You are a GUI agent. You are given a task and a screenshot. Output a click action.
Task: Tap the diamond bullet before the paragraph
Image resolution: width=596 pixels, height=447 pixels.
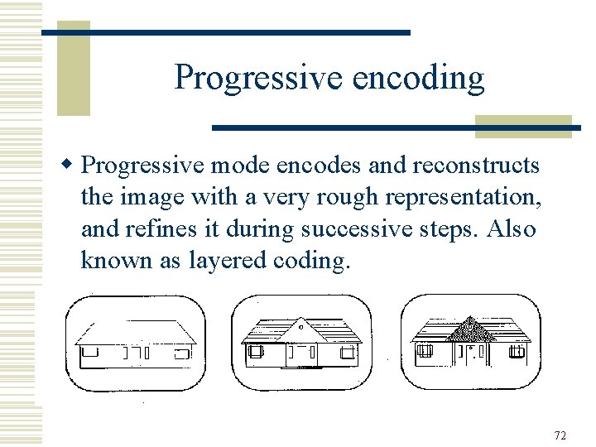point(70,165)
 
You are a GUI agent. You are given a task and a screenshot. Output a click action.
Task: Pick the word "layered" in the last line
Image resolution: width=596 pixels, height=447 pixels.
point(233,262)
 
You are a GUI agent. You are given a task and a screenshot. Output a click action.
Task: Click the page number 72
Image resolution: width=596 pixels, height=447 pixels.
point(560,436)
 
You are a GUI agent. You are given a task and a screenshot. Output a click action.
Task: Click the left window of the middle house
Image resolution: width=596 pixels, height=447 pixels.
point(254,353)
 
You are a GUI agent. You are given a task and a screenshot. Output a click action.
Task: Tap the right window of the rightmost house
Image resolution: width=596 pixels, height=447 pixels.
point(517,352)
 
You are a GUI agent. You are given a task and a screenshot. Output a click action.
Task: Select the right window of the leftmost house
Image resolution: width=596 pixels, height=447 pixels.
point(182,353)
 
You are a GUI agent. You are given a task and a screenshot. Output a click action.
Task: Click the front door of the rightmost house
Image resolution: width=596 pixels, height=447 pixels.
point(471,356)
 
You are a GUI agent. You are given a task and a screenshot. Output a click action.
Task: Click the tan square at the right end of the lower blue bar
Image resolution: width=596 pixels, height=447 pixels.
point(523,126)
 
